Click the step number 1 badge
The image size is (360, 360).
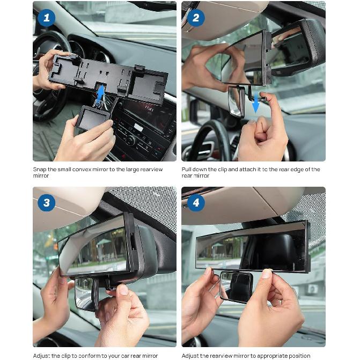(x=47, y=18)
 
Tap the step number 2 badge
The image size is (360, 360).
(x=195, y=18)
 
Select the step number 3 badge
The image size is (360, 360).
(x=47, y=203)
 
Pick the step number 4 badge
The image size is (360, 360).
(x=195, y=203)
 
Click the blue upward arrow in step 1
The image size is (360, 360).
(x=100, y=94)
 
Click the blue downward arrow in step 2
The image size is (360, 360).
(x=256, y=104)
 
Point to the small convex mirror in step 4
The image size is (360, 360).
(x=237, y=285)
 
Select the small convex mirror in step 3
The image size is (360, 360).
(x=86, y=292)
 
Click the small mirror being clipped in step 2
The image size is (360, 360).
(x=236, y=100)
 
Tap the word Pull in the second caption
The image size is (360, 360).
(x=187, y=170)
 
